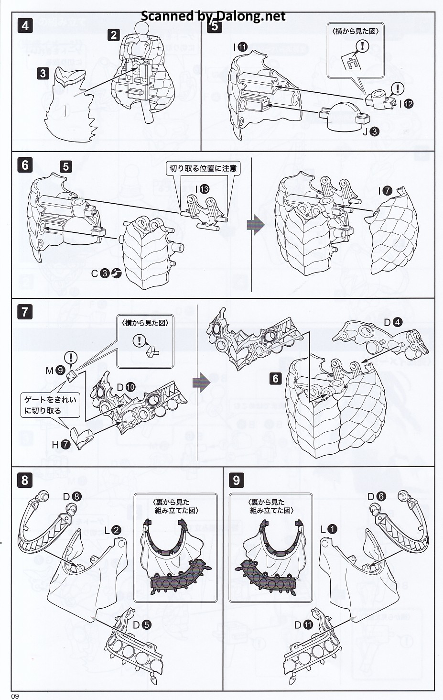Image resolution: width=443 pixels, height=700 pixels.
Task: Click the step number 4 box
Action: [25, 25]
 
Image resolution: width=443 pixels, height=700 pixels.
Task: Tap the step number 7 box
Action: [25, 312]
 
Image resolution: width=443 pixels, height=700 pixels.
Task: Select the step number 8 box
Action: [25, 480]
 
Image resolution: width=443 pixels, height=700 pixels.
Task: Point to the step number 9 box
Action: [237, 480]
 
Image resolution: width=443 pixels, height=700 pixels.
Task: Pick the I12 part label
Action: [404, 103]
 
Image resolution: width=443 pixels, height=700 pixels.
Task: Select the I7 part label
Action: [385, 191]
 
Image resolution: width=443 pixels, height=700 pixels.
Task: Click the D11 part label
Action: [303, 624]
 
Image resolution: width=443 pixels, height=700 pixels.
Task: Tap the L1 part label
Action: [329, 529]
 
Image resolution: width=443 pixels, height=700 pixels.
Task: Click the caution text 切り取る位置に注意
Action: [203, 168]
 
